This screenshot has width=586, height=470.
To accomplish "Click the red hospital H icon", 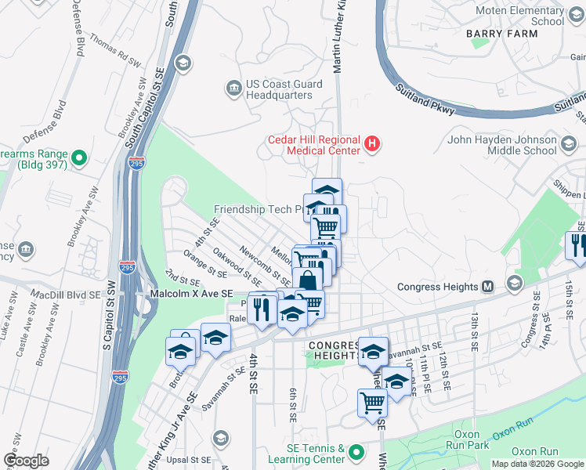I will point(373,144).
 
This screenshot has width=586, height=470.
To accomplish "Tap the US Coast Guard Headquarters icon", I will point(233,88).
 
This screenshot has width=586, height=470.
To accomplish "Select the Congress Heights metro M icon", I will point(487,287).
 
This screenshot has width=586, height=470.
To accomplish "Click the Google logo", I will point(26,461).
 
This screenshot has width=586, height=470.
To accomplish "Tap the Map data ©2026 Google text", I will point(538,464).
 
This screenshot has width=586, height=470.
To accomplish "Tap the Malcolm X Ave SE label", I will point(191,293).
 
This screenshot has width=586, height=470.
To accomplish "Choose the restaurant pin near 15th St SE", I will point(577,246).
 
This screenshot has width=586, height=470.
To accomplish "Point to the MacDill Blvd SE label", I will point(66,295).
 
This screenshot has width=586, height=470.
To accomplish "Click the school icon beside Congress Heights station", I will point(515,282).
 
